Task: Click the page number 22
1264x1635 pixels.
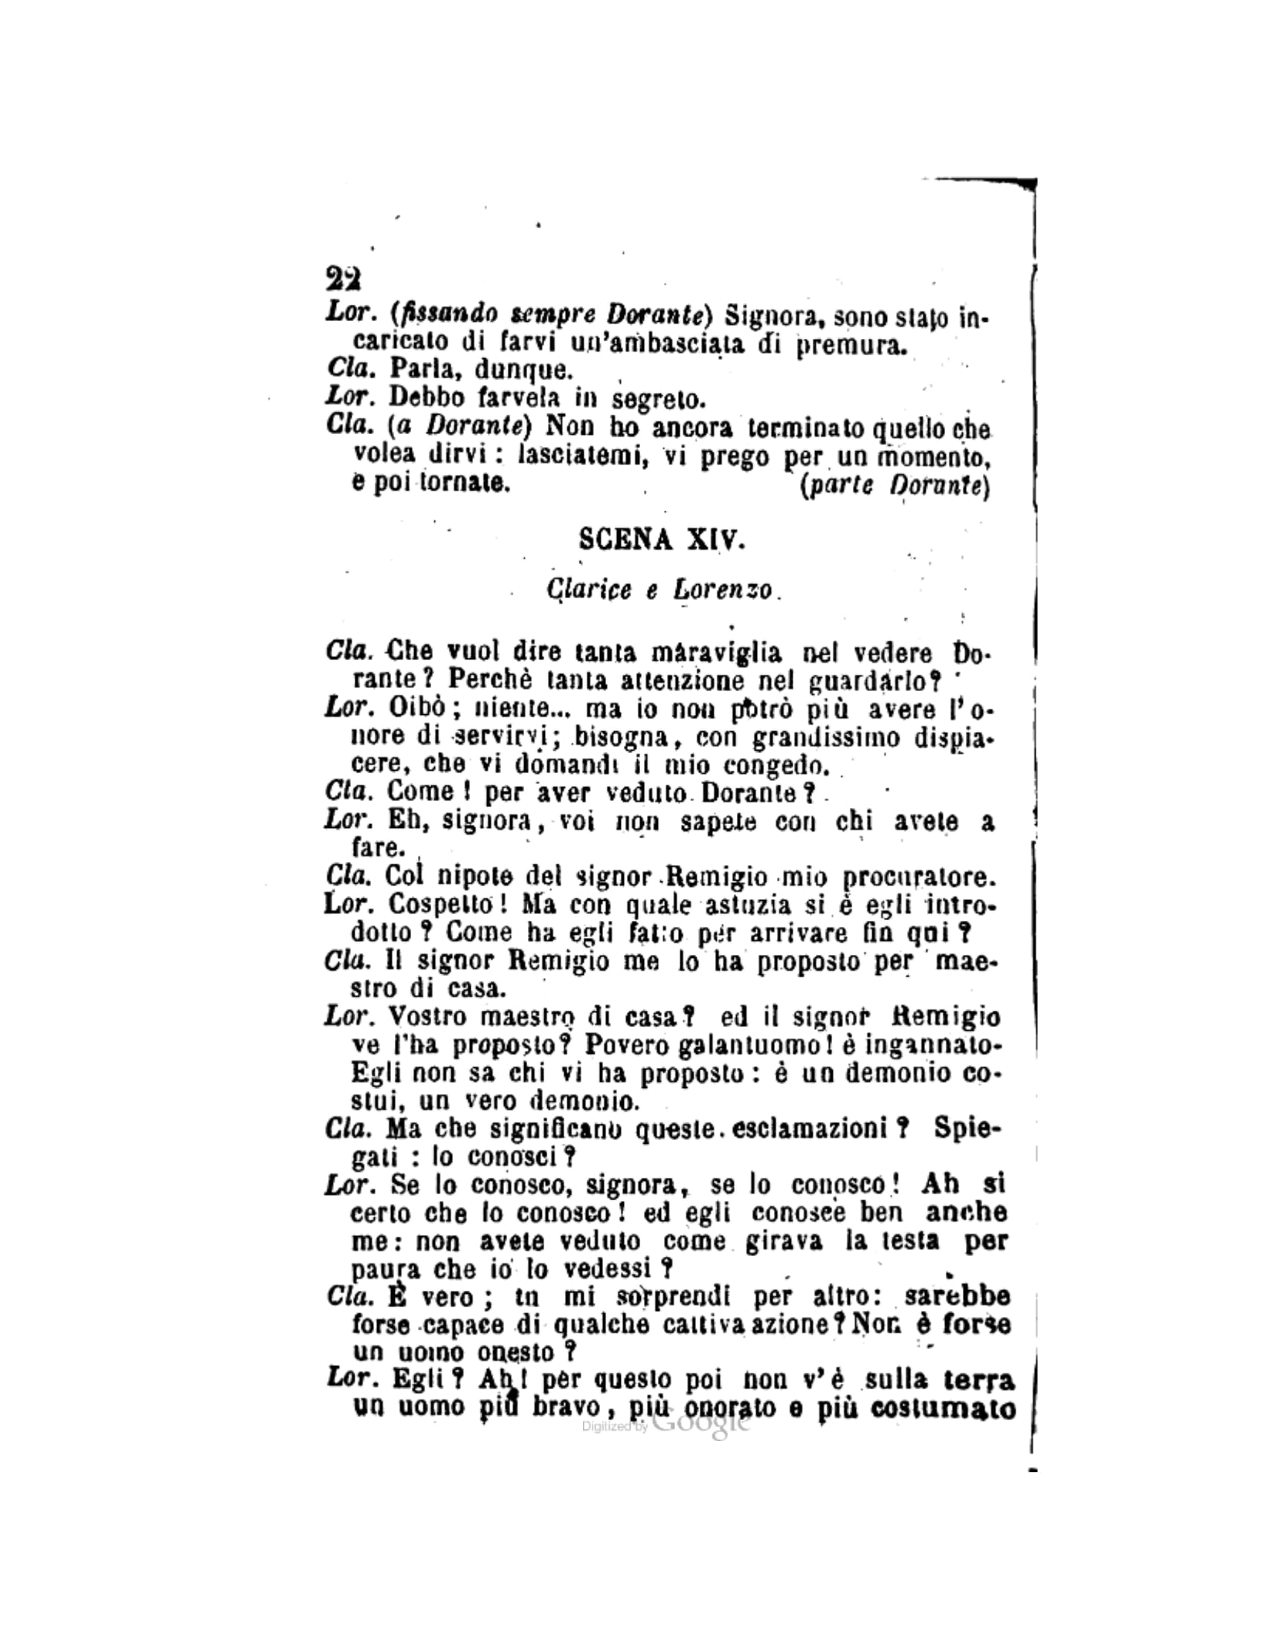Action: point(344,279)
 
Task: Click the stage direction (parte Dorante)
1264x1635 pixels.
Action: point(894,487)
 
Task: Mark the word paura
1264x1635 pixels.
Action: point(381,1269)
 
